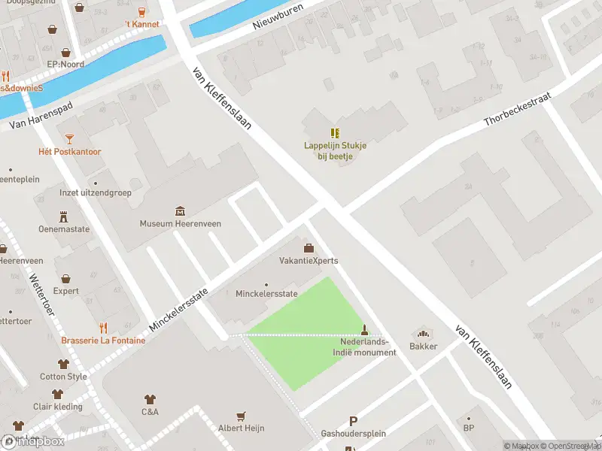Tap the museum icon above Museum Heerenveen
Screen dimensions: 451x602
[180, 210]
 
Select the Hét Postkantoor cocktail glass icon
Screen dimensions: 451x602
[70, 138]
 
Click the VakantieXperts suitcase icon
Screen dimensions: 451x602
[308, 248]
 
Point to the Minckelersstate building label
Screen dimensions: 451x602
[266, 294]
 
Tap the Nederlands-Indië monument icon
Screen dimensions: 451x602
[365, 329]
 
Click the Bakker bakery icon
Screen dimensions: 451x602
[423, 333]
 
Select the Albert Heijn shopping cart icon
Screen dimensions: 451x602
[241, 415]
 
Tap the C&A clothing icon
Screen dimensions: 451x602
[150, 398]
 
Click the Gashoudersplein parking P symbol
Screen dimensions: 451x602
[353, 422]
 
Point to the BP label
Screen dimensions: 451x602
[469, 428]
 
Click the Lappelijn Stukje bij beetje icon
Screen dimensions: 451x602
[335, 133]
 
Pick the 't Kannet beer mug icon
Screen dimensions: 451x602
[141, 11]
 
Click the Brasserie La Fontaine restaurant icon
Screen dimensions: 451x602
[104, 328]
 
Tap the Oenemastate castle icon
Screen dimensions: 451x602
[64, 216]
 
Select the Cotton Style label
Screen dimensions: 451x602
[63, 377]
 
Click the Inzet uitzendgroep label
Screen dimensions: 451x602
[96, 193]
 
